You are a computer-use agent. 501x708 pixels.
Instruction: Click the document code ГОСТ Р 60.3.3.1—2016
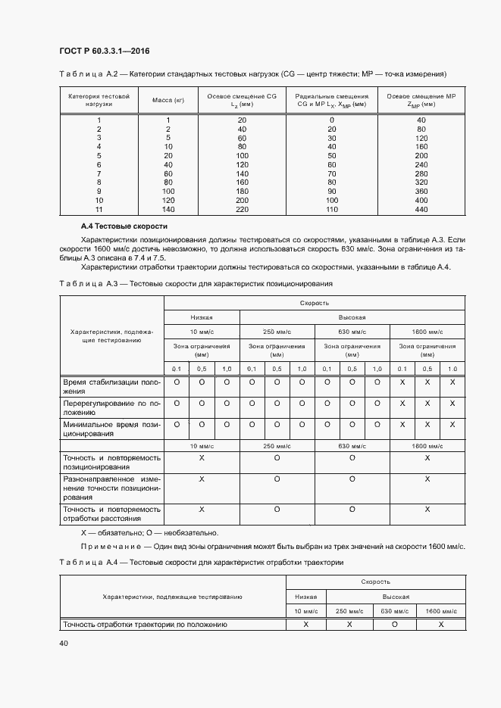tap(104, 51)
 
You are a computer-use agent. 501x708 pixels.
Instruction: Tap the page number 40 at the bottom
tap(64, 643)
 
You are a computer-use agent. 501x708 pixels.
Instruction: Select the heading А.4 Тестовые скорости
tap(124, 226)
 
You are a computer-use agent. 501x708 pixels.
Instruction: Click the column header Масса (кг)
tap(168, 100)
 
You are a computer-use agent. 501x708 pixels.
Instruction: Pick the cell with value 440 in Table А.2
tap(421, 209)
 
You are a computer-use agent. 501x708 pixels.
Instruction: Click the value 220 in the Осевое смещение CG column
tap(242, 209)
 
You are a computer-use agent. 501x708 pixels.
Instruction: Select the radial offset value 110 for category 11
tap(331, 209)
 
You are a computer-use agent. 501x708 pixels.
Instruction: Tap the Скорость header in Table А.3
tap(315, 302)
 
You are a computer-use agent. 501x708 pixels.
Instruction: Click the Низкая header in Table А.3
tap(202, 317)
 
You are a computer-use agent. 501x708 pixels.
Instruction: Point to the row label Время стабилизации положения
tap(111, 386)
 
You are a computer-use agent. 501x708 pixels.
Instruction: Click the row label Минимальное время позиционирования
tap(111, 429)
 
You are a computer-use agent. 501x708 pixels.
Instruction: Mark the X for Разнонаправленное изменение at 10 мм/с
tap(202, 479)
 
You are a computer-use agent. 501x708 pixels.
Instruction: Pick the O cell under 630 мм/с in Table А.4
tap(394, 625)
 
